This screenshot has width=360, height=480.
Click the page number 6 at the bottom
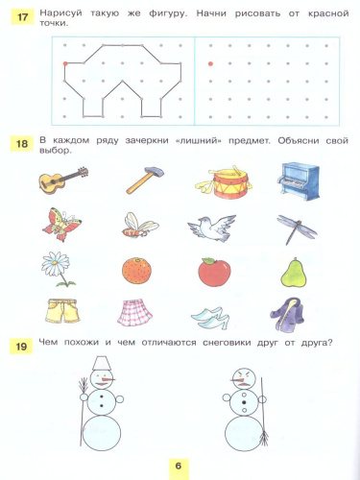178,466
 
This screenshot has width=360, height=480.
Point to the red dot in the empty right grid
210,63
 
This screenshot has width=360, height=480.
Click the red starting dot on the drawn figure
65,63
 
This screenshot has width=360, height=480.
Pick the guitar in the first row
62,179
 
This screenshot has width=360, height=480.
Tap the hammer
138,180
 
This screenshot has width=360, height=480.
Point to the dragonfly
292,226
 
